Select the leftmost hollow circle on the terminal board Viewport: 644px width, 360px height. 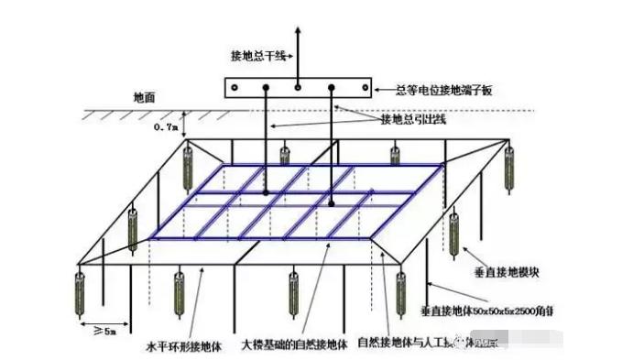coord(236,88)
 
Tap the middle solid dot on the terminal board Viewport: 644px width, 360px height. coord(299,88)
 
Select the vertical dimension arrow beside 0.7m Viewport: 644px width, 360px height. coord(184,125)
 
